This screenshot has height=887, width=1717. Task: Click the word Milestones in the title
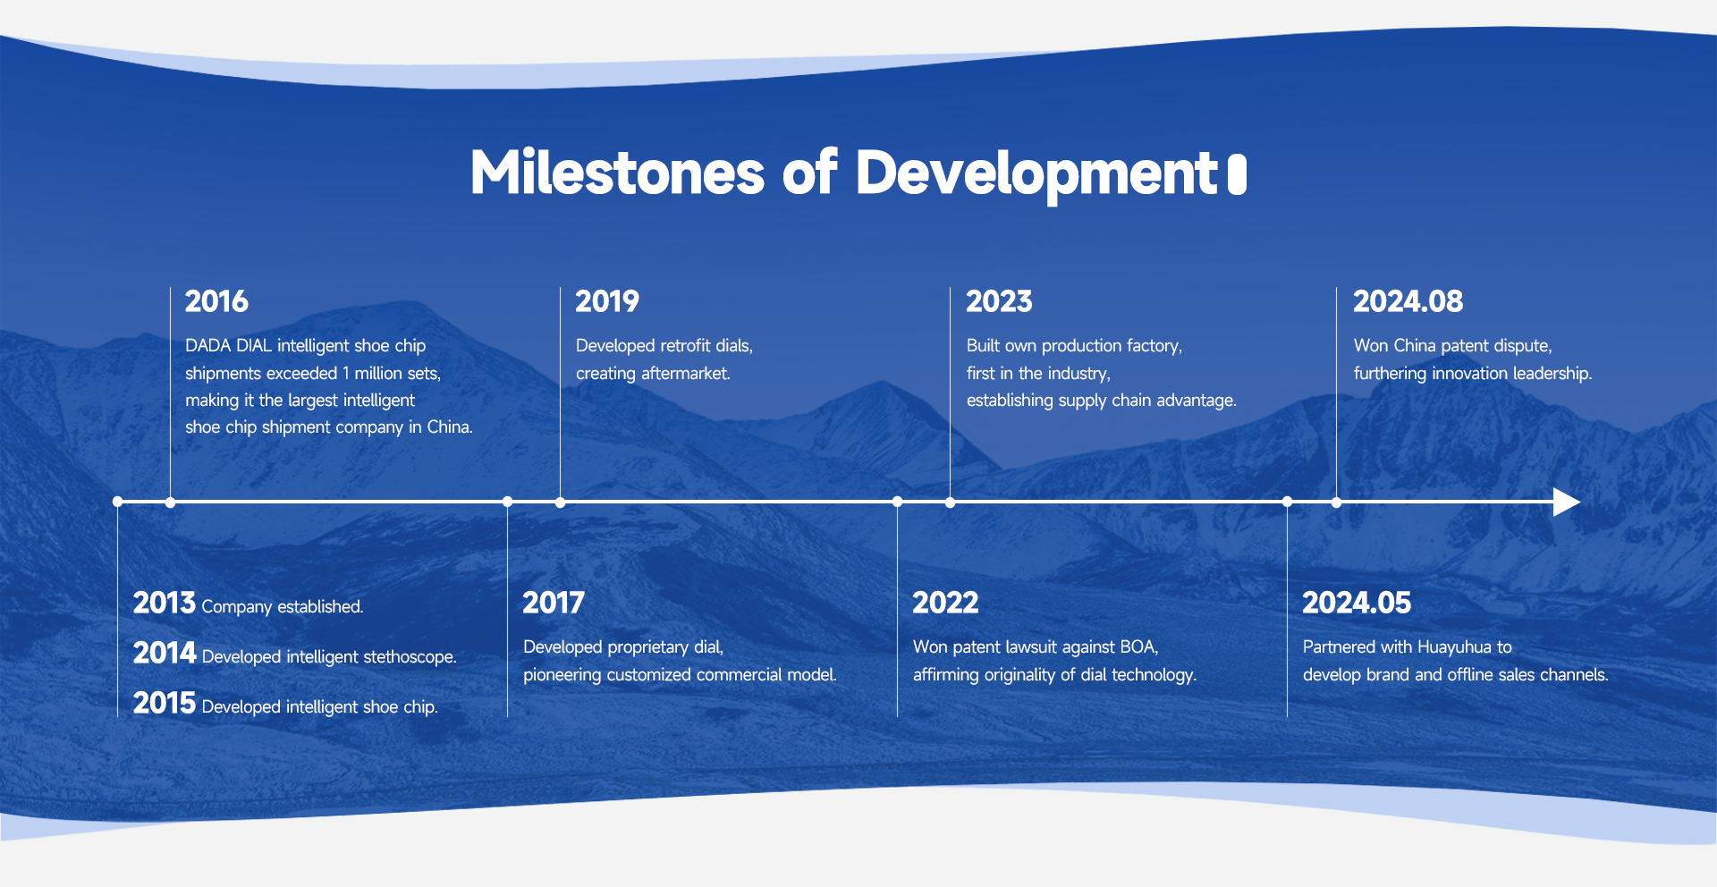(618, 173)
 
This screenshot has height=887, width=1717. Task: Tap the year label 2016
(216, 301)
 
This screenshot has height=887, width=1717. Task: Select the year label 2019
(607, 301)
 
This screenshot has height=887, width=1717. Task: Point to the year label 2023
(999, 301)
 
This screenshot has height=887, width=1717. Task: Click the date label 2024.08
(1408, 301)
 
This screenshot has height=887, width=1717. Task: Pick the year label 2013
(165, 603)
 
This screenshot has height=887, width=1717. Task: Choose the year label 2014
(165, 653)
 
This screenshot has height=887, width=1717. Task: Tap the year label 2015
(165, 703)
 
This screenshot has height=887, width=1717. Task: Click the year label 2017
(554, 603)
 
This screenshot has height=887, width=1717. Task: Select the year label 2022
(945, 603)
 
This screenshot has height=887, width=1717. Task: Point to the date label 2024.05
(1357, 603)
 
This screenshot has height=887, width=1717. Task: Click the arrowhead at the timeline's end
(1567, 502)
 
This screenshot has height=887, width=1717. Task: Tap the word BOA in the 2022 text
(1138, 646)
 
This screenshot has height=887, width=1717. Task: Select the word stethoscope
(410, 657)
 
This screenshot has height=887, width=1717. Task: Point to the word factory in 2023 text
(1155, 346)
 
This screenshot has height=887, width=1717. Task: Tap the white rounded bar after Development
(1237, 173)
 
